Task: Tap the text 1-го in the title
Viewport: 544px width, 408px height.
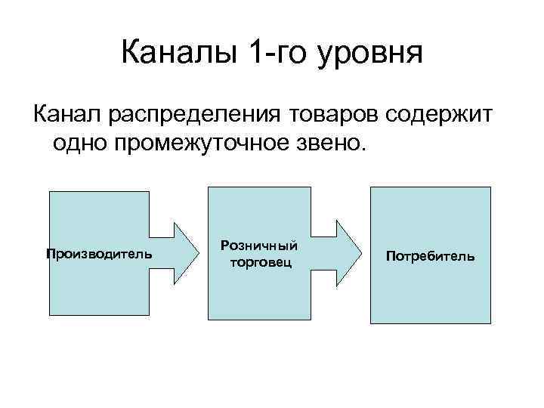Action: click(x=276, y=54)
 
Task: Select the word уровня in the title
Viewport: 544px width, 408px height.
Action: click(x=370, y=56)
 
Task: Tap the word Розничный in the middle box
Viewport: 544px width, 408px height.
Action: click(x=258, y=246)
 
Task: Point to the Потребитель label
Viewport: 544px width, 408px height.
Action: click(x=430, y=256)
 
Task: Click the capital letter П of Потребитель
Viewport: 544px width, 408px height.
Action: click(x=390, y=256)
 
